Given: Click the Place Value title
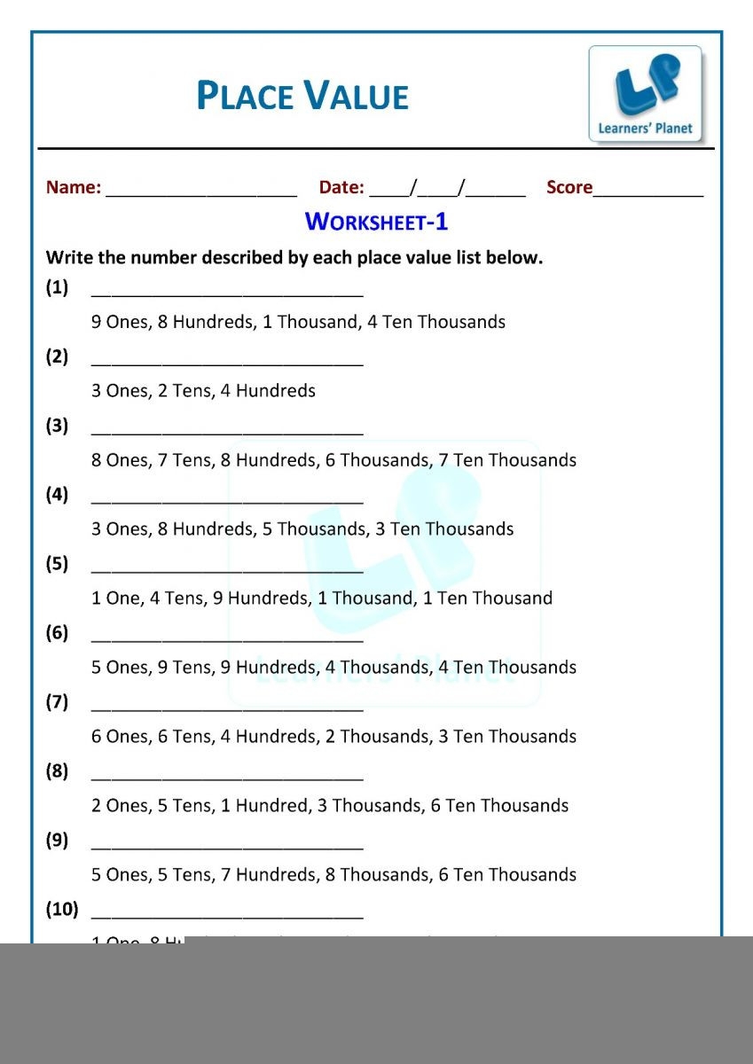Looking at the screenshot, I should [x=302, y=96].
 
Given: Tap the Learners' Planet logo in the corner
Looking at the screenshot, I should [x=646, y=94].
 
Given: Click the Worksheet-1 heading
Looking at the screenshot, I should [x=376, y=222].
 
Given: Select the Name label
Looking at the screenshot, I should [x=74, y=188].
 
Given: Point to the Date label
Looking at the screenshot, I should [x=341, y=188].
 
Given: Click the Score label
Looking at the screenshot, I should [x=569, y=188].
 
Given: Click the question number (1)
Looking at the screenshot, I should [x=57, y=287].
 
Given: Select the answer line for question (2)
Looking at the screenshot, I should [x=227, y=363].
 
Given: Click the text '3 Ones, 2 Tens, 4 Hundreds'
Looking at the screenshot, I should [x=203, y=391].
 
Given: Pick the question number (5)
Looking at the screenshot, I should [x=57, y=564].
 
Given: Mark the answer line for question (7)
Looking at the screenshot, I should [x=227, y=708].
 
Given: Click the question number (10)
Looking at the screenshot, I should [x=61, y=910].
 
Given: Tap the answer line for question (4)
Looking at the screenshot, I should [x=227, y=501].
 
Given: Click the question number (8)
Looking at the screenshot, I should [x=57, y=771].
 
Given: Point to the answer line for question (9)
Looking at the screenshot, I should [x=227, y=847].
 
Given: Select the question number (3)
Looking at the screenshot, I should [x=57, y=426].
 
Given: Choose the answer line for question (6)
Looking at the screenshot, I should [x=227, y=639].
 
